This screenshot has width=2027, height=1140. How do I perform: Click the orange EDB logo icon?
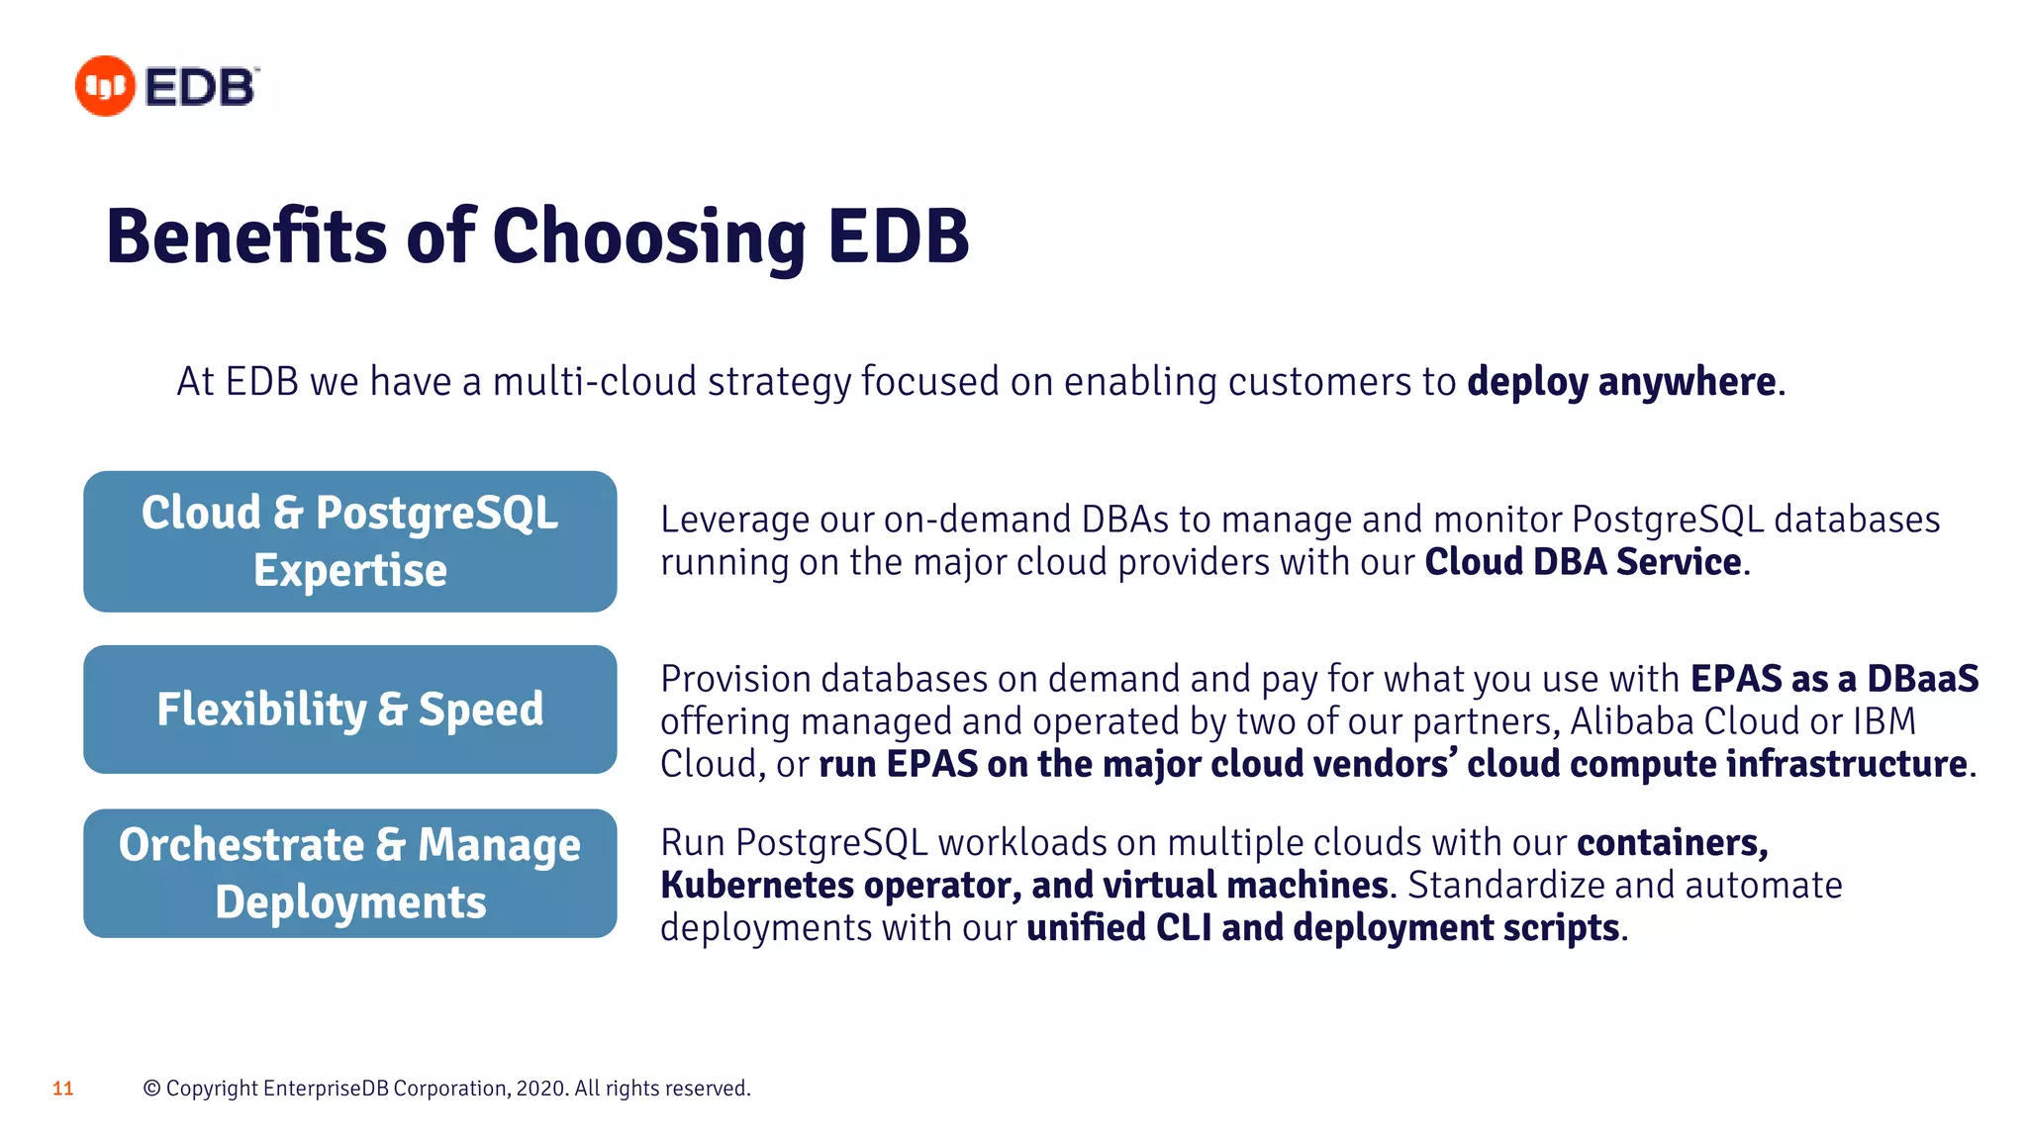coord(104,86)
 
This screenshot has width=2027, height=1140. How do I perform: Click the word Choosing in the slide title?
coord(649,237)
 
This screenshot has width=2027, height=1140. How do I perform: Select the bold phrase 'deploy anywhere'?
coord(1621,382)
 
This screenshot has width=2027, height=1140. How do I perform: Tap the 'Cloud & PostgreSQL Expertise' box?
coord(350,541)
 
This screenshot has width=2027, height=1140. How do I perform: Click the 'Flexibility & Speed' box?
coord(350,710)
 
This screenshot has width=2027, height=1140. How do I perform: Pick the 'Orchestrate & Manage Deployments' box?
coord(350,873)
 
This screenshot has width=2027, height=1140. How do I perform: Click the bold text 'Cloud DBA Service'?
coord(1582,562)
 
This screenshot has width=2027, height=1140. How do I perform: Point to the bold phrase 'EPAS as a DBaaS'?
coord(1833,679)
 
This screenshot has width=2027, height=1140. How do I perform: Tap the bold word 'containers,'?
coord(1672,842)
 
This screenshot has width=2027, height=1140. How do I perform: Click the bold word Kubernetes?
coord(756,885)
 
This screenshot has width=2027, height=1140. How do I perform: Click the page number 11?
coord(63,1089)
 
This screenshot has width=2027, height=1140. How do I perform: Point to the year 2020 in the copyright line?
coord(540,1089)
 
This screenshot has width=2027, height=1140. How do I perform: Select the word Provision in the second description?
coord(735,679)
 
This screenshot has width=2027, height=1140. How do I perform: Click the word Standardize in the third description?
coord(1504,885)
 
